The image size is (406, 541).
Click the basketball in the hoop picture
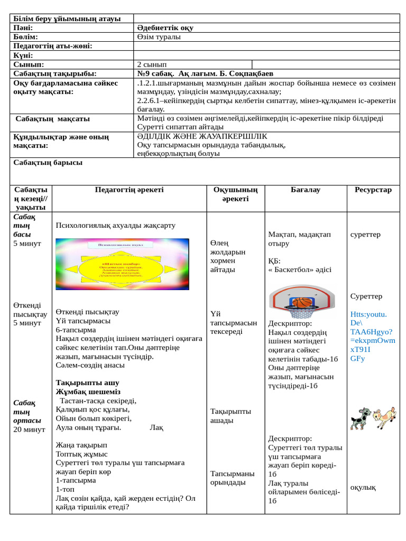click(303, 302)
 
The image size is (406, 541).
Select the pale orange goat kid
click(385, 417)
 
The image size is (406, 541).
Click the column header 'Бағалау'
click(306, 190)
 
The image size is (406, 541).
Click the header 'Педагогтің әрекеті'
click(129, 190)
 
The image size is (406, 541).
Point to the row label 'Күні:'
click(23, 55)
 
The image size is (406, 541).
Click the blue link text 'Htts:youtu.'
click(368, 314)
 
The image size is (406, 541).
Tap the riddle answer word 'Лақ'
click(156, 427)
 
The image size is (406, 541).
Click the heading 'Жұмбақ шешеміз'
click(88, 391)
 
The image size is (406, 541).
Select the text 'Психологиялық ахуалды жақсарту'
click(115, 225)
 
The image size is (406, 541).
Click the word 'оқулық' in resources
click(363, 487)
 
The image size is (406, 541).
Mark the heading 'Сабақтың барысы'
click(48, 163)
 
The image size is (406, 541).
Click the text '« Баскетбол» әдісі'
click(300, 269)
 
